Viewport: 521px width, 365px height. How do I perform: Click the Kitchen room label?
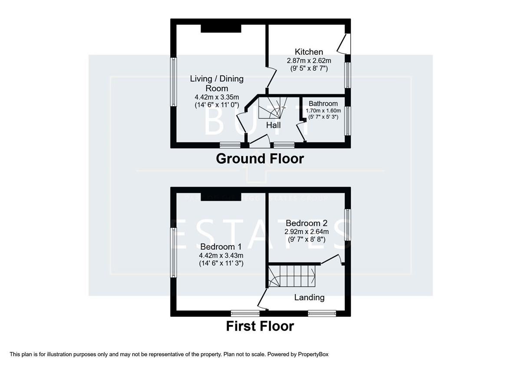(x=309, y=52)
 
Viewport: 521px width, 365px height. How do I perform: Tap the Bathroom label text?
(x=323, y=104)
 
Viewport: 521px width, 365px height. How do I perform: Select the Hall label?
(x=274, y=125)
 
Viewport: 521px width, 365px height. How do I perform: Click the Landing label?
(x=309, y=298)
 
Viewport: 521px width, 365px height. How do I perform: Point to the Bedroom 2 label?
(x=306, y=223)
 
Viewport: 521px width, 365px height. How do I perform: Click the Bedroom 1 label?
(x=221, y=246)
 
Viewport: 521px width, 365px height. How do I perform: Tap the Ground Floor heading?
(x=260, y=159)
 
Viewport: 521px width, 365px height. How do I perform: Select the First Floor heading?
(x=260, y=326)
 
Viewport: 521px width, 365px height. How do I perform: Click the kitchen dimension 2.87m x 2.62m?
(x=309, y=61)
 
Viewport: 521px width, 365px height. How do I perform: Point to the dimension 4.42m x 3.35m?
(x=217, y=97)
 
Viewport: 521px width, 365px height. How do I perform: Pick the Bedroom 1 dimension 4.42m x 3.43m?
(x=221, y=255)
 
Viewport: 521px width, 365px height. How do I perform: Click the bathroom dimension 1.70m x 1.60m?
(x=323, y=111)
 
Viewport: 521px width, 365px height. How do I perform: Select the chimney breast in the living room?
(x=221, y=28)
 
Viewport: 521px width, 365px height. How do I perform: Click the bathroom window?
(x=347, y=120)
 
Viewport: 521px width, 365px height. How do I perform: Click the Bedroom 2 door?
(x=332, y=259)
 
